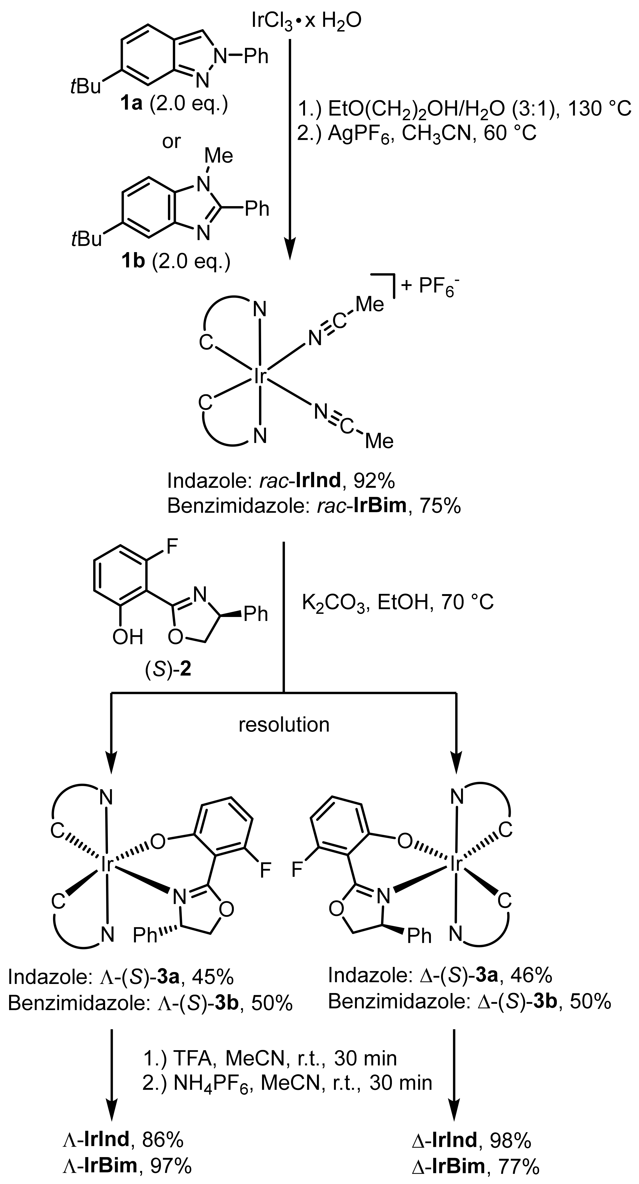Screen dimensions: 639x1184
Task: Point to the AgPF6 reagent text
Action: coord(353,134)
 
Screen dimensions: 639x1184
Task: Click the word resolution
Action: coord(284,725)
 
